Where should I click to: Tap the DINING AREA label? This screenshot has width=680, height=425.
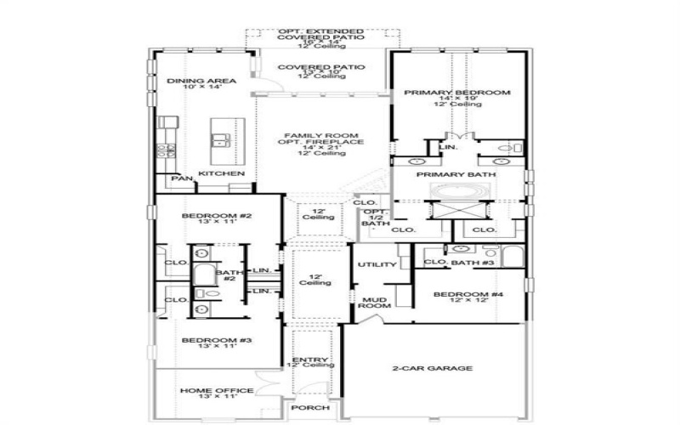point(195,82)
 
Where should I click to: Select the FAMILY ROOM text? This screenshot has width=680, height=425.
point(320,136)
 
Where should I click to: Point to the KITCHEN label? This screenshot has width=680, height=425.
point(222,174)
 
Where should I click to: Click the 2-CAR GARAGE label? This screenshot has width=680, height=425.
point(433,368)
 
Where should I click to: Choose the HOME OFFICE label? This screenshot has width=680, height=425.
point(216,391)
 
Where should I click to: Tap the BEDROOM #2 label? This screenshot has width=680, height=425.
point(216,217)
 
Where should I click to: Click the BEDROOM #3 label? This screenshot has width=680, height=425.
point(216,340)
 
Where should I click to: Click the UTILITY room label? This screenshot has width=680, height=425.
point(377,265)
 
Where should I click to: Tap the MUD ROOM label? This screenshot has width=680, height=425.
point(375,303)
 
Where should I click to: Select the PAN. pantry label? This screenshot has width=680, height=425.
point(181,179)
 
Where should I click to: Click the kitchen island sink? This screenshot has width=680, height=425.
point(223,140)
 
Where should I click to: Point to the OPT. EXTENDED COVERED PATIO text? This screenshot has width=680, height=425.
point(321,35)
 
